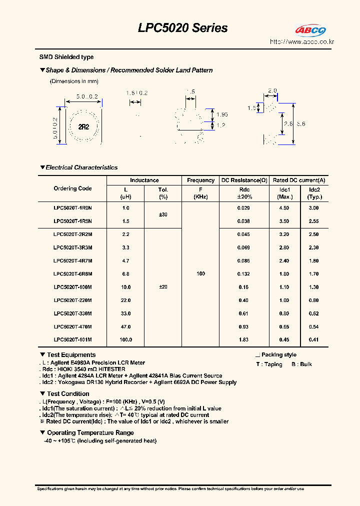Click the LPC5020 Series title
[x=182, y=28]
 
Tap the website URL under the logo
[x=301, y=42]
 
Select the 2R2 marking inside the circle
[x=83, y=127]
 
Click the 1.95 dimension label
[x=223, y=114]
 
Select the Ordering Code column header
[x=72, y=188]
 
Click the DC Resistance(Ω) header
[x=244, y=180]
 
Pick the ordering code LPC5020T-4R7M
[x=72, y=260]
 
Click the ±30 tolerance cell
[x=163, y=214]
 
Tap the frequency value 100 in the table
[x=200, y=273]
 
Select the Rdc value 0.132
[x=243, y=273]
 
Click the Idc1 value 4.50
[x=284, y=207]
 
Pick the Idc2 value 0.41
[x=313, y=339]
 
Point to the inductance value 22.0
[x=125, y=300]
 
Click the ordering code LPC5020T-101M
[x=72, y=339]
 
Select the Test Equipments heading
[x=70, y=355]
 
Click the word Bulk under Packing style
[x=305, y=364]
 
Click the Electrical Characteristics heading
[x=81, y=167]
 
